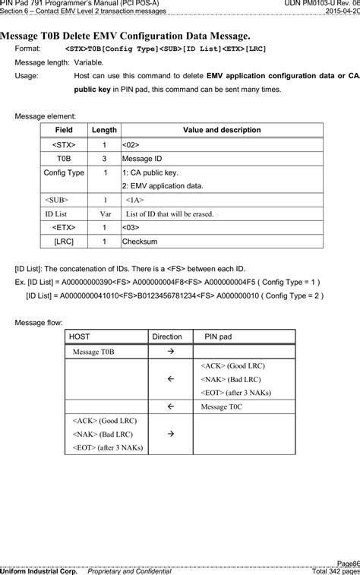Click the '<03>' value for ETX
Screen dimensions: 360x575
[x=131, y=227]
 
